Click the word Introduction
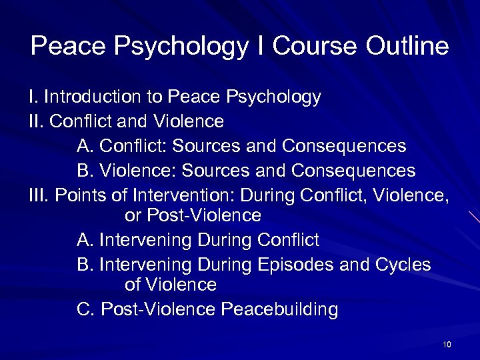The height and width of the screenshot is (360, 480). (93, 97)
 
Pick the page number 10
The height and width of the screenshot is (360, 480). (447, 344)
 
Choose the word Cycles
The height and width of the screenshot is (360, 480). (403, 265)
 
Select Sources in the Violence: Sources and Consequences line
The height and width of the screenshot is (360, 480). (215, 171)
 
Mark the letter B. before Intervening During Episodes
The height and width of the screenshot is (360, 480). (85, 265)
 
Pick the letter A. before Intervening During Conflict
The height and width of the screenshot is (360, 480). (85, 239)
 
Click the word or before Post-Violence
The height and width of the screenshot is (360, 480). (133, 216)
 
